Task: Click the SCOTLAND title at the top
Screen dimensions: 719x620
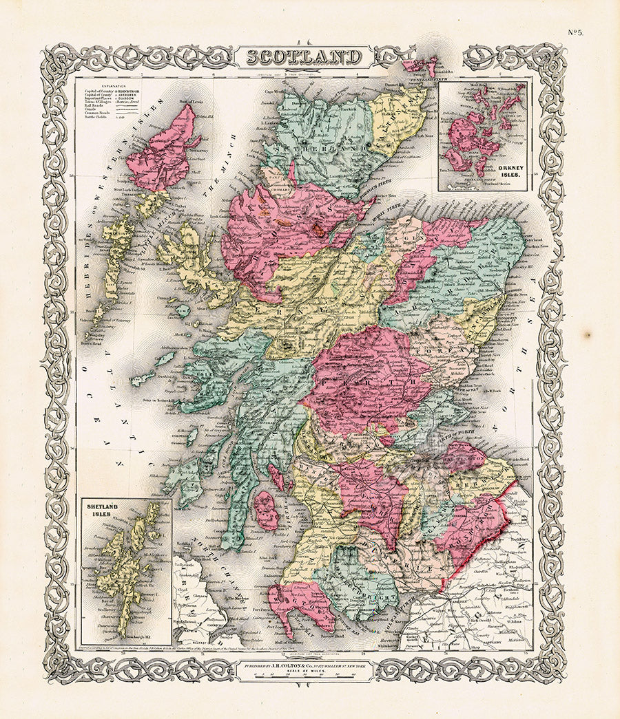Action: [x=304, y=56]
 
